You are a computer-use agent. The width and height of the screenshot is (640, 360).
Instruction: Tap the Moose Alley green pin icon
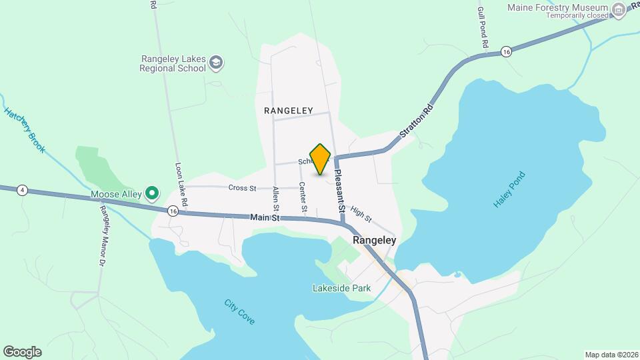point(152,194)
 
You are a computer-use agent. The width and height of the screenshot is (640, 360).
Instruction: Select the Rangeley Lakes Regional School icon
point(215,63)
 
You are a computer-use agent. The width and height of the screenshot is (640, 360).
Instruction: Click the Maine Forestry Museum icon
point(619,9)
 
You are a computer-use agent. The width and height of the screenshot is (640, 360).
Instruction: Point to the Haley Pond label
point(510,189)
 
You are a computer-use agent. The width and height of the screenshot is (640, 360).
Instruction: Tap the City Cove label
point(239,312)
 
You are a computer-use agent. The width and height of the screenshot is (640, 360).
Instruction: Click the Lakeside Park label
point(341,289)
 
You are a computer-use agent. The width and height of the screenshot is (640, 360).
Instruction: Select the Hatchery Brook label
point(25,131)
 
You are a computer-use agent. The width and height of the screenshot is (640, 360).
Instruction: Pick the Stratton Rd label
point(417,121)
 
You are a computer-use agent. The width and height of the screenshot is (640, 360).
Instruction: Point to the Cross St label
point(242,188)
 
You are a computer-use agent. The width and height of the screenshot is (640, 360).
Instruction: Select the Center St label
point(302,199)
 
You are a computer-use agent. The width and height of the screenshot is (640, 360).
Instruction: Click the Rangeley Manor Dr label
point(103,236)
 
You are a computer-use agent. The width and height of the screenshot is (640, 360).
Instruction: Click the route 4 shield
point(23,190)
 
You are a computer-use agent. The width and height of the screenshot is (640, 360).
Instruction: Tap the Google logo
point(22,351)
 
